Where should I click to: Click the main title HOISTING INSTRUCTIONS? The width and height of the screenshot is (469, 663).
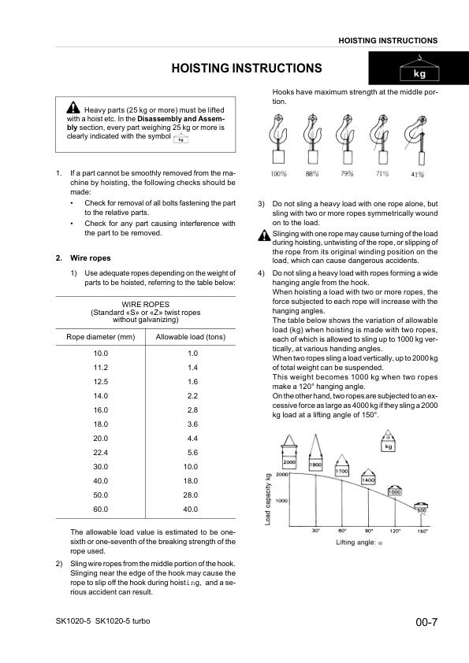247,69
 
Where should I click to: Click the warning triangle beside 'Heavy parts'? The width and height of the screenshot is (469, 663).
73,108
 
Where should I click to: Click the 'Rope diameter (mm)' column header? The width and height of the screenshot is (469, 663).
101,337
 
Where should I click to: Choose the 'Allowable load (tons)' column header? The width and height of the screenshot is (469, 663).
191,337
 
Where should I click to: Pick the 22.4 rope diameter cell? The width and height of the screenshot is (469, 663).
100,452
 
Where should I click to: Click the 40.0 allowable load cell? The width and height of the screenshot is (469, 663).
191,509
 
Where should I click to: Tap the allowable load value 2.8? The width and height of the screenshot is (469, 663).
191,409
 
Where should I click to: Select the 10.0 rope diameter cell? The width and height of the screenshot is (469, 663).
100,353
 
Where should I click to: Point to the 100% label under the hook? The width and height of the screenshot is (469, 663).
278,173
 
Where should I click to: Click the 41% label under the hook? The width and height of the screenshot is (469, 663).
417,173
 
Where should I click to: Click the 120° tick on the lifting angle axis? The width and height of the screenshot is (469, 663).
395,531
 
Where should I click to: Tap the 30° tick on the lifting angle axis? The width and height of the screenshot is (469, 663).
315,531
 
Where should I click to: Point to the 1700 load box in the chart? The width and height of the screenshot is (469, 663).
342,470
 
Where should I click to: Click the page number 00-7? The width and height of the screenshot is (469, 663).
426,623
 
